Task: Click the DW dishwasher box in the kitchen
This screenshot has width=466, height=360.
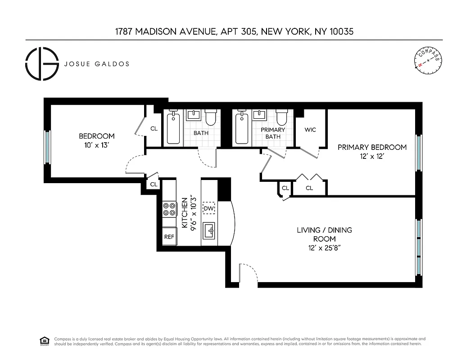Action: (x=208, y=208)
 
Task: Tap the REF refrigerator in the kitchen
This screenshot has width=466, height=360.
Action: (x=169, y=237)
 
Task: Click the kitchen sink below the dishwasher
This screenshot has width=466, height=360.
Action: (x=209, y=231)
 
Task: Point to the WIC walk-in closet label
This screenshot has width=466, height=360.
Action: (x=310, y=130)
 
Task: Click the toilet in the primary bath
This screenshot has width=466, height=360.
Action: (x=282, y=118)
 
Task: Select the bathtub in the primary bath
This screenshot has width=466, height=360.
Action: (x=242, y=128)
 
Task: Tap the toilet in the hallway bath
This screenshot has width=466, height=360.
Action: (x=211, y=118)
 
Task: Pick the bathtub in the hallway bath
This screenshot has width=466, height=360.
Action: (x=172, y=128)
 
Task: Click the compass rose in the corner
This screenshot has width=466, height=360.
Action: (x=427, y=60)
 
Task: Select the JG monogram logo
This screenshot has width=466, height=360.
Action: (x=42, y=64)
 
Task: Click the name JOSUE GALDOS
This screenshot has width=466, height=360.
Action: (x=97, y=64)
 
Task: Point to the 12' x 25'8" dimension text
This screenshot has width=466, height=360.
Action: (x=318, y=248)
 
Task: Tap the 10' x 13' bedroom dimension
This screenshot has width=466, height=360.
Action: (x=96, y=145)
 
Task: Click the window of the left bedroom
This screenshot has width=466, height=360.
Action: (x=47, y=147)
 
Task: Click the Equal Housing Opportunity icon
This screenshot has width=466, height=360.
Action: (x=45, y=341)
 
